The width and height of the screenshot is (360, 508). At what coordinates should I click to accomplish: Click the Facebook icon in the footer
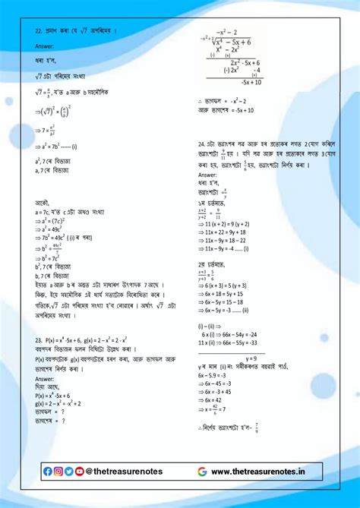(48, 472)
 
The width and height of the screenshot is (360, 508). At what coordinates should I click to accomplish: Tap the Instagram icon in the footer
(58, 472)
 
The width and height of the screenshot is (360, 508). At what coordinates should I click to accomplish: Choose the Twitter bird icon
(69, 472)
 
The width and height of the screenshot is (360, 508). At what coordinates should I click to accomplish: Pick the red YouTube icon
(80, 472)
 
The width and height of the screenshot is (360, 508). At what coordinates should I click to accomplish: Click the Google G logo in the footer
(202, 472)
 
